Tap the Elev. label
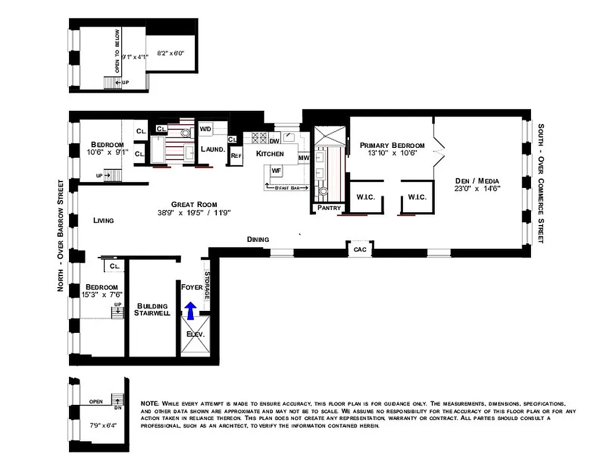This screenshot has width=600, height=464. (x=195, y=335)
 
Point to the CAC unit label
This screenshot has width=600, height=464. (x=359, y=249)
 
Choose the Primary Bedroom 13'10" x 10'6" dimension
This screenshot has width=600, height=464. (x=392, y=154)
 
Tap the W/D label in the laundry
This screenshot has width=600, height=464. (x=205, y=129)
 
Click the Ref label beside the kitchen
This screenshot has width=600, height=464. (x=236, y=155)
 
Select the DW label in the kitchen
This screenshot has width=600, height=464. (x=275, y=140)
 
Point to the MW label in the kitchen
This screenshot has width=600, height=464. (x=304, y=158)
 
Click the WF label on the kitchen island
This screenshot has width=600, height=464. (x=277, y=171)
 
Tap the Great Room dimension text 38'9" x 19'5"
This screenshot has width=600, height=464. (x=194, y=213)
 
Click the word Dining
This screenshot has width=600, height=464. (x=257, y=239)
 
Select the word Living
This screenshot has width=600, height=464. (x=103, y=220)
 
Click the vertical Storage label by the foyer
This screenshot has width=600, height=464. (x=207, y=285)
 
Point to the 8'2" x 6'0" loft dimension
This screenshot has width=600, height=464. (x=170, y=53)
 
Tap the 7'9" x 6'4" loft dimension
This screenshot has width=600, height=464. (x=104, y=425)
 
